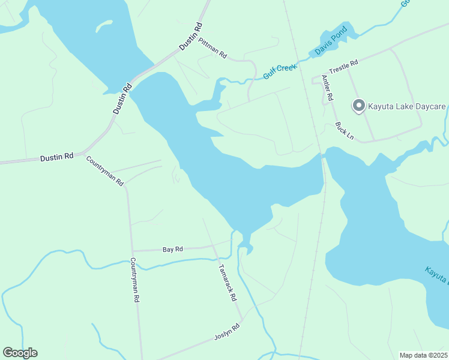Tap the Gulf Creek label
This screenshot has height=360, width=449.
coord(280,71)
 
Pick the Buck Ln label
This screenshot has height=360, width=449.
coord(345,131)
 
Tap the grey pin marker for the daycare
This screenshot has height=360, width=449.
coord(359,106)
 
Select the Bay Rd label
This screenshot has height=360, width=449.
coord(172,249)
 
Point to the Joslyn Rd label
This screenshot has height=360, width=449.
coord(227,332)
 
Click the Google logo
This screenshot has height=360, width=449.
coord(20,353)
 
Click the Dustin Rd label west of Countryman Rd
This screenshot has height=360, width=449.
coord(56,157)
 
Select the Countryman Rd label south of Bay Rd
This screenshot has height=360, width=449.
coord(135,280)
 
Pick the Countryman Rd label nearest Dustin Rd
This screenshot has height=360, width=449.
coord(104,170)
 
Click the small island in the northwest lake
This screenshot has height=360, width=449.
coord(104,26)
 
